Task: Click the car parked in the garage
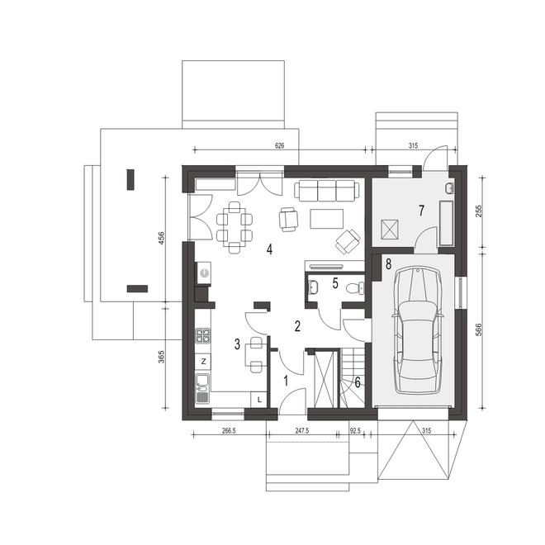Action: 418,330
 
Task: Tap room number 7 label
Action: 422,211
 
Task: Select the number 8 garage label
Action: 388,264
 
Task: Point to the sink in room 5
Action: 312,287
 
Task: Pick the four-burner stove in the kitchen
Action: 203,336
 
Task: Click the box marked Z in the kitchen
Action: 203,362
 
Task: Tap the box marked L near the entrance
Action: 259,400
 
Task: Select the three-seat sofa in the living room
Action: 327,191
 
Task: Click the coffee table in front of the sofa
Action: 326,219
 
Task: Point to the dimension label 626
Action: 279,146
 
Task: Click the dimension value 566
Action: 479,329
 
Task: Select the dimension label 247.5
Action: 302,431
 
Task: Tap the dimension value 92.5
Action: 355,431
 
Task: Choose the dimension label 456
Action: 161,238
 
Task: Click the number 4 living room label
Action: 269,249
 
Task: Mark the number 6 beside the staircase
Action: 358,382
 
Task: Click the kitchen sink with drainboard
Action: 202,389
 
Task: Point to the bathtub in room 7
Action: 447,222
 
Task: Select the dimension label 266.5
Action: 229,431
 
